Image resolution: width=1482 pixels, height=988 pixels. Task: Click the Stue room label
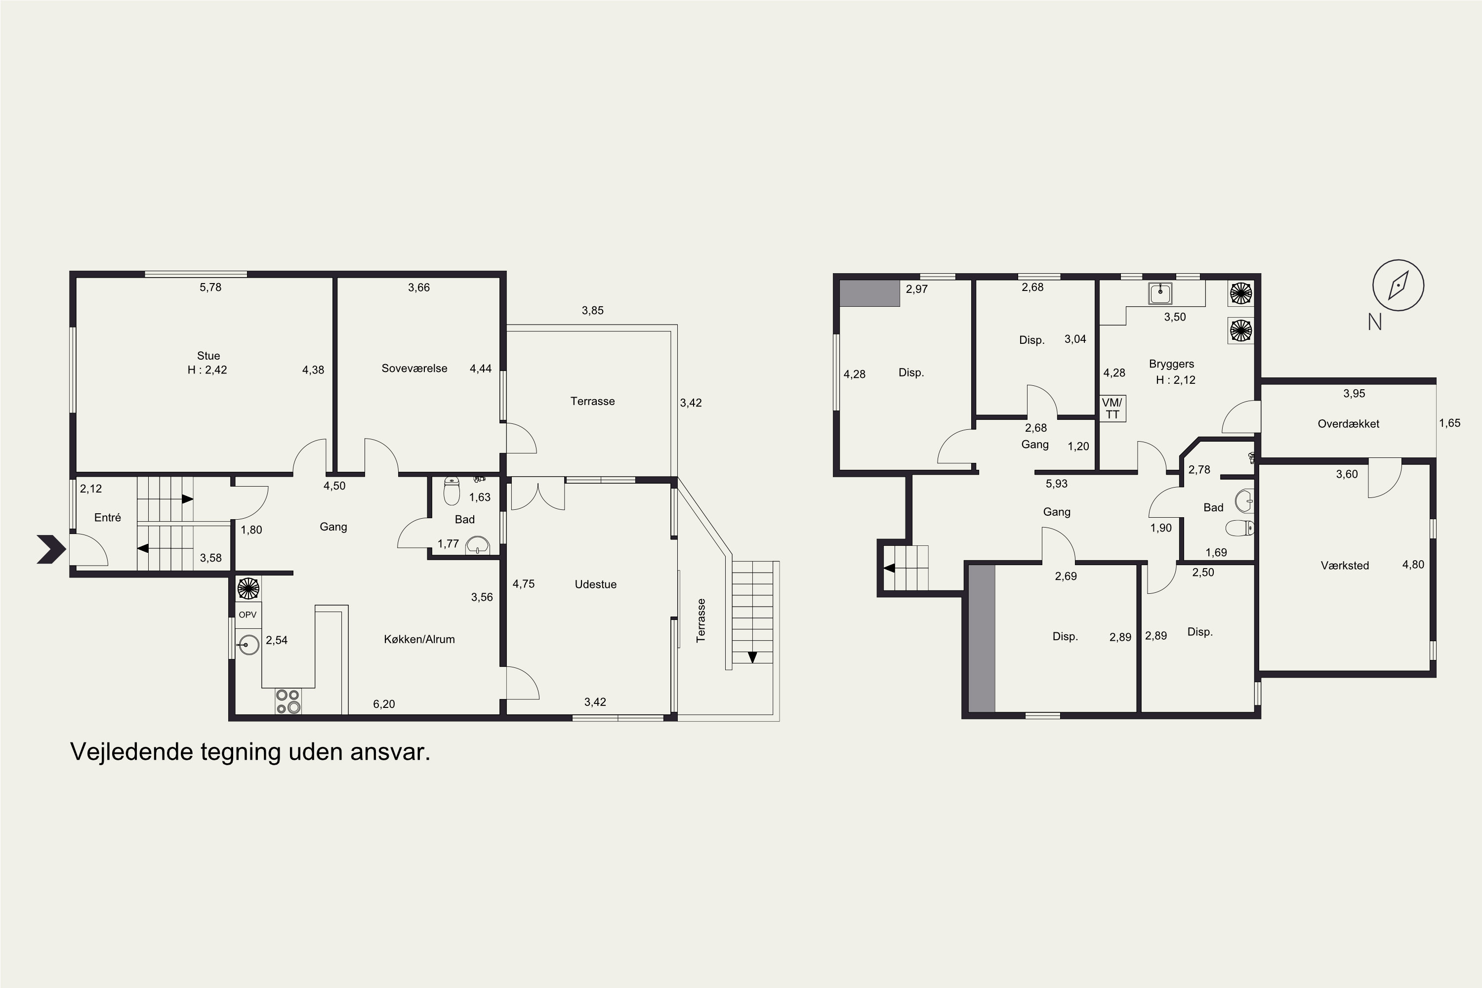tap(208, 355)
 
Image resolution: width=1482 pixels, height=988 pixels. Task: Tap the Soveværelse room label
tap(414, 369)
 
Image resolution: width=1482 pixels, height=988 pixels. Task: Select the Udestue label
tap(595, 584)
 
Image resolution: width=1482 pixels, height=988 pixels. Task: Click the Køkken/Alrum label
tap(419, 639)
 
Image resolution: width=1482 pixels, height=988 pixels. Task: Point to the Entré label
tap(107, 517)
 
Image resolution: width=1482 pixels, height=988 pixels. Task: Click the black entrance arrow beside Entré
tap(51, 549)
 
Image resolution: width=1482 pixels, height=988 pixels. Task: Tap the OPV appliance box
tap(247, 615)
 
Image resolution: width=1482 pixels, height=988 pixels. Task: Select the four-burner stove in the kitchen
tap(288, 701)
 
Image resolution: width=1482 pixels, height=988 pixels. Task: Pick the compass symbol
tap(1398, 286)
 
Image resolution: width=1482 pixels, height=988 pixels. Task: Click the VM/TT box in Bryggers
tap(1112, 409)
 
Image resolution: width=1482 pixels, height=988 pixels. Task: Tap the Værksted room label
tap(1345, 566)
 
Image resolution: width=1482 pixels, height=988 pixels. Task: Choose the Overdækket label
tap(1349, 424)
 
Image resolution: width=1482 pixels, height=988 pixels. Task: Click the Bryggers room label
tap(1171, 364)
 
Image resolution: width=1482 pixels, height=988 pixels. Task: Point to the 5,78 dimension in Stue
tap(210, 288)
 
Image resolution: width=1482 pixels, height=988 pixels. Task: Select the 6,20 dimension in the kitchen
tap(384, 704)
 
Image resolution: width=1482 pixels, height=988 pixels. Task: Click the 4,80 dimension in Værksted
tap(1413, 565)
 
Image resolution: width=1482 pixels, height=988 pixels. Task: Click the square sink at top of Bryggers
tap(1160, 293)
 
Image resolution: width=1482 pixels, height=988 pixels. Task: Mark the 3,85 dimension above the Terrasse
tap(592, 310)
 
